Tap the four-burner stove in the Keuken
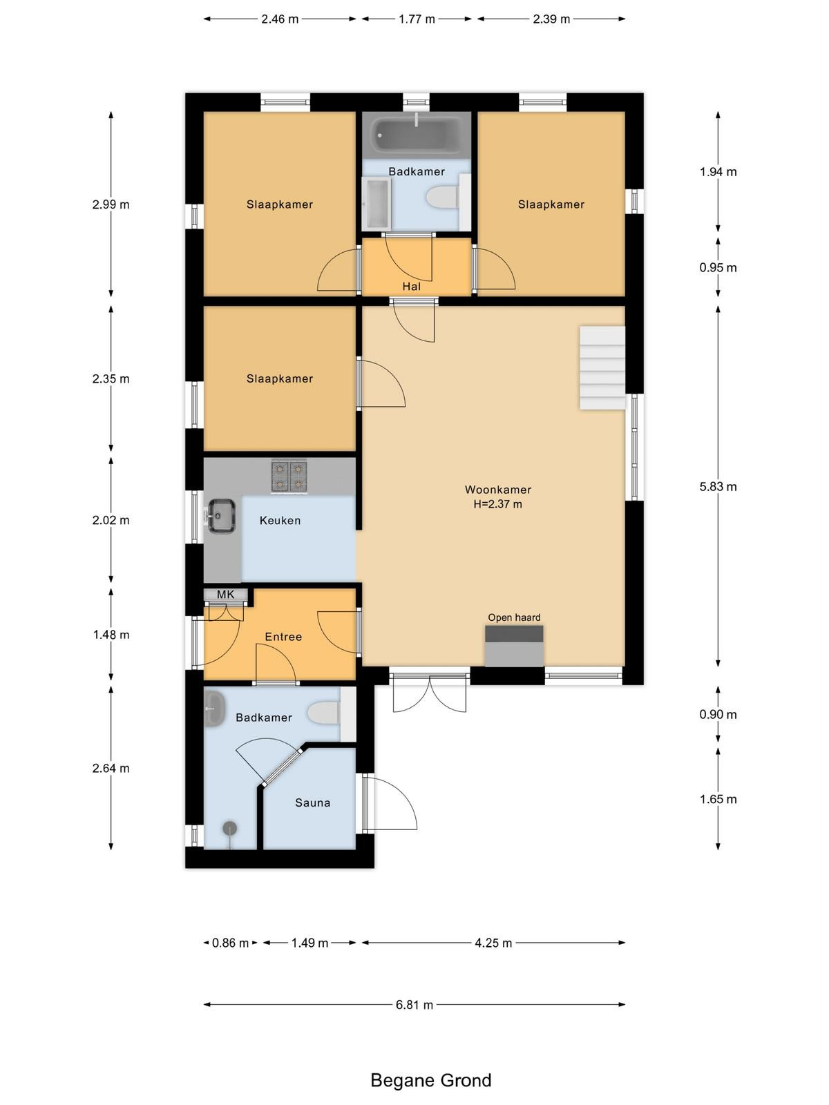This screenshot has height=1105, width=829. tap(289, 476)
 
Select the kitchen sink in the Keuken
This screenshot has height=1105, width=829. tap(222, 515)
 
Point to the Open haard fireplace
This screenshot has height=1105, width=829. tap(514, 646)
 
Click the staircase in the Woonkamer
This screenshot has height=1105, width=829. tap(602, 367)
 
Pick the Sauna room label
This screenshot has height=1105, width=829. tap(312, 803)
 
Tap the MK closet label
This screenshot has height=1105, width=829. tap(225, 594)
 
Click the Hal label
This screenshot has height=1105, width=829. tap(411, 287)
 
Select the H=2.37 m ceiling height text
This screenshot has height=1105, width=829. tap(498, 504)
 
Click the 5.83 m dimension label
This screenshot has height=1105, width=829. tap(718, 486)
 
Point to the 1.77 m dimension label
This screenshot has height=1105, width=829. tap(417, 19)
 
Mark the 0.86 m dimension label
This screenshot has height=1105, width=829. tap(230, 943)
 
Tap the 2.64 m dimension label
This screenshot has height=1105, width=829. tap(111, 768)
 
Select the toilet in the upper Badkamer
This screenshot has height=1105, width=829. tap(442, 197)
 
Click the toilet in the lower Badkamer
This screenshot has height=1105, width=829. tap(323, 713)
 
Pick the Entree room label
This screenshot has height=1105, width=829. tap(283, 637)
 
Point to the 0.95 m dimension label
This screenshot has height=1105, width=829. tap(718, 267)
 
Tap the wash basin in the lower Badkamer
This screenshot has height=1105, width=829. tap(213, 709)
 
